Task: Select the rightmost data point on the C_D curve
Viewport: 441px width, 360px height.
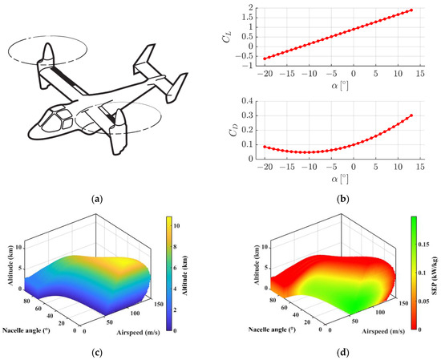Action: coord(412,115)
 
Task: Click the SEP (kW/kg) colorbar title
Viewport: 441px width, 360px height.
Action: coord(434,272)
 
